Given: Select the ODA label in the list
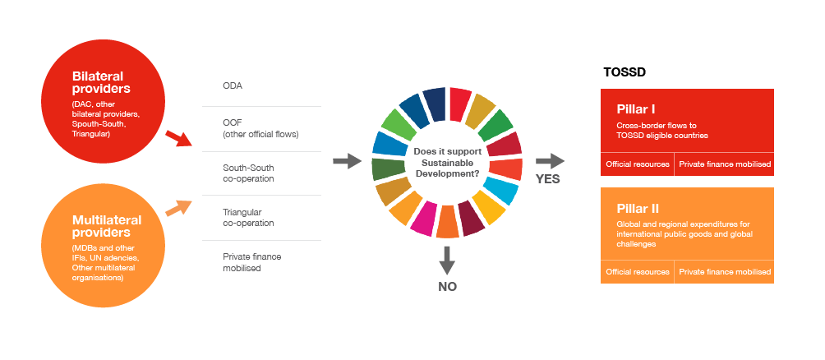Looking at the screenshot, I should click(233, 85).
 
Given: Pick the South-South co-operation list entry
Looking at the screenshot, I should click(248, 173).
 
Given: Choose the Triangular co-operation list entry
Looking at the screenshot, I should click(248, 217).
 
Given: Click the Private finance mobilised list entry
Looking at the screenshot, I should click(251, 262).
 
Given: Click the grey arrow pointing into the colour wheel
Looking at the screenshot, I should click(348, 160).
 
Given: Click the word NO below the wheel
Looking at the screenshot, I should click(447, 287).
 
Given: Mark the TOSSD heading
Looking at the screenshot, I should click(625, 72).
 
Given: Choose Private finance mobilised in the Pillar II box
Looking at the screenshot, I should click(724, 271).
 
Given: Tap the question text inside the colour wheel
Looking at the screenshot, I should click(447, 162).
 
